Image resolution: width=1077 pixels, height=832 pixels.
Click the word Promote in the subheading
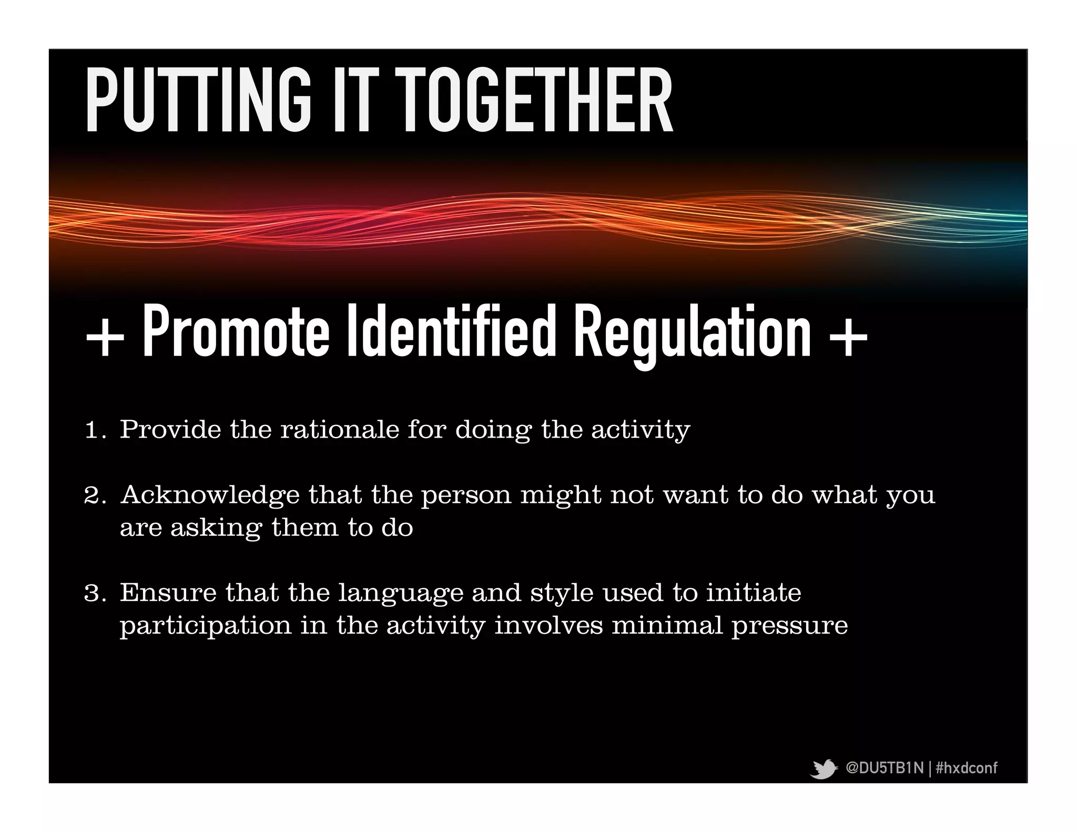(236, 332)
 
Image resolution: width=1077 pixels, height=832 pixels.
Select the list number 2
(94, 496)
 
